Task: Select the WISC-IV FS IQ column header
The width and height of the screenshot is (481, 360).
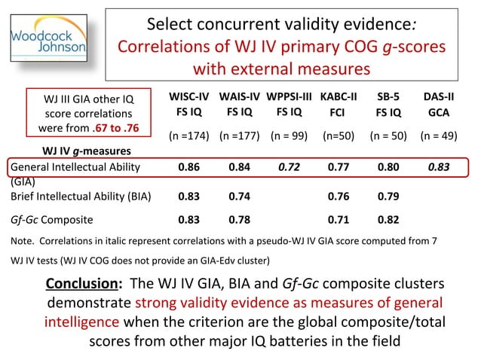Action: [x=188, y=105]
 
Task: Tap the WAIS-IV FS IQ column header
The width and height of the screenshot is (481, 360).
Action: [x=239, y=105]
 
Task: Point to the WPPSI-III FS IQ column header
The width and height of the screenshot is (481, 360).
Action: [x=289, y=105]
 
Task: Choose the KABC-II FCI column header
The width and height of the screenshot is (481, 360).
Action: [x=339, y=105]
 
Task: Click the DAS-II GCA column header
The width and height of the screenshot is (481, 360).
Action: [x=438, y=105]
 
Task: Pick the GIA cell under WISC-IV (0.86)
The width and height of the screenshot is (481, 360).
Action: [x=188, y=167]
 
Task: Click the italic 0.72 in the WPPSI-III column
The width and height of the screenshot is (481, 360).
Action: [x=289, y=167]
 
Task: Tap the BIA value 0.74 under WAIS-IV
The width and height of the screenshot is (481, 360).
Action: [x=239, y=197]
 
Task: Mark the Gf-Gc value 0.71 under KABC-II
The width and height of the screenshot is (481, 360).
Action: [x=339, y=221]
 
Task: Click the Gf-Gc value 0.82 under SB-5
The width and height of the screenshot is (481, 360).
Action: [x=388, y=221]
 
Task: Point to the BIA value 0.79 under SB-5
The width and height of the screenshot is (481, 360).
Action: [x=388, y=197]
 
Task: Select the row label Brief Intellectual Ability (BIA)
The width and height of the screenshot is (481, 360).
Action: [x=81, y=197]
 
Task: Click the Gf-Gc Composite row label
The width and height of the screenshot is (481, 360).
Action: [x=52, y=221]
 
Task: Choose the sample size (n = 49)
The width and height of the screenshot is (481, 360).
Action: [x=438, y=138]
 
